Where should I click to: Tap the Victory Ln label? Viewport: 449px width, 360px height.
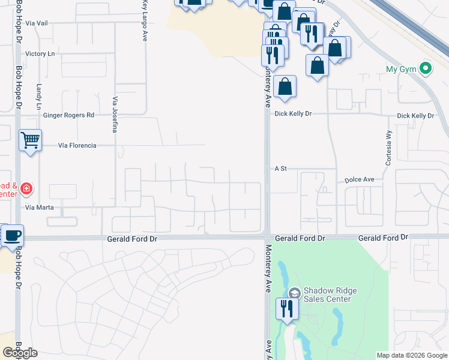pos(40,54)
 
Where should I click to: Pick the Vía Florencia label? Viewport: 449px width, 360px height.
pos(77,145)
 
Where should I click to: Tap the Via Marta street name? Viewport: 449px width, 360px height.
pos(40,208)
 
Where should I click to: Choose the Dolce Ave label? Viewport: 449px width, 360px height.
pos(360,179)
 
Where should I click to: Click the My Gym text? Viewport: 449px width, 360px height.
pos(401,69)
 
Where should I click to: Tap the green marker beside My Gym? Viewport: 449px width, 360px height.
pos(426,68)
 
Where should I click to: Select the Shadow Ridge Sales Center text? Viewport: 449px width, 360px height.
pos(330,295)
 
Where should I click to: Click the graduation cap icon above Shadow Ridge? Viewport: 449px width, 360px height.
pos(294,292)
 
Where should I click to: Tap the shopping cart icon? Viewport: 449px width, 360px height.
pos(30,140)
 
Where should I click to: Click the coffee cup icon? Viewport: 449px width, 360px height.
pos(12,235)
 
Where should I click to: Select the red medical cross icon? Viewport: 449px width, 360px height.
pos(26,190)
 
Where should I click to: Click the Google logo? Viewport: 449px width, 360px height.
pos(20,353)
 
